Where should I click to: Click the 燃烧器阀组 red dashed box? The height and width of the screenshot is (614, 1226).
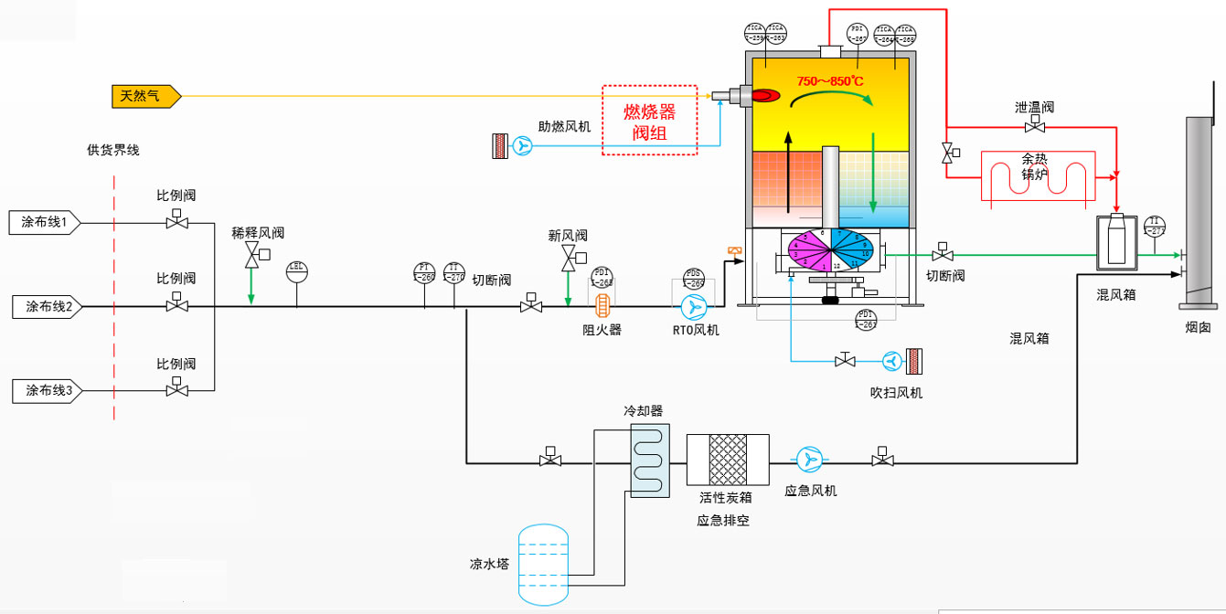click(x=649, y=121)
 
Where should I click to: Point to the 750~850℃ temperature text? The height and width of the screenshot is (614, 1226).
click(x=829, y=81)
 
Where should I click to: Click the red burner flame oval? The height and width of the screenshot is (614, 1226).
click(x=765, y=94)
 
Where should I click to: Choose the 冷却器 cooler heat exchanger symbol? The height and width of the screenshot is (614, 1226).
click(x=649, y=460)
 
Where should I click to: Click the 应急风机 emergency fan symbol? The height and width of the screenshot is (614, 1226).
click(x=808, y=460)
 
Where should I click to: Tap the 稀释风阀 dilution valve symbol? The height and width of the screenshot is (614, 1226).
click(x=251, y=259)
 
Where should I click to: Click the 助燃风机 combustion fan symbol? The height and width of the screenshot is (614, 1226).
click(x=522, y=146)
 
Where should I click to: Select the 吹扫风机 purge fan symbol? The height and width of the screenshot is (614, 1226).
click(x=891, y=362)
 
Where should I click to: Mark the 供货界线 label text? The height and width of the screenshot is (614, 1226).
click(x=113, y=150)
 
